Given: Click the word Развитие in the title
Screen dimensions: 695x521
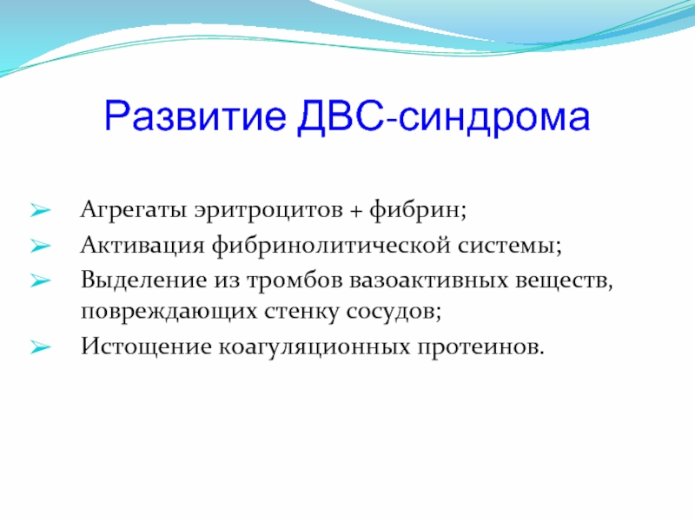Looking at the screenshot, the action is [195, 117].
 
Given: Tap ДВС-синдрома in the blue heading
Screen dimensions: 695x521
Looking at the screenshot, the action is [444, 117].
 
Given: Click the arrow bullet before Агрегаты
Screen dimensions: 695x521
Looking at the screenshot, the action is [40, 210].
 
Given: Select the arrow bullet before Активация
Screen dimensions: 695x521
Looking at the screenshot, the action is [40, 246].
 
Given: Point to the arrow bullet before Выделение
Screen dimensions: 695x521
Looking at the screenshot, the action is [40, 280].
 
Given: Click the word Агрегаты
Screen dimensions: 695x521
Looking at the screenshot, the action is [134, 210].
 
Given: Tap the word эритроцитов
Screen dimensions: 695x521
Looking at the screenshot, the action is [268, 210].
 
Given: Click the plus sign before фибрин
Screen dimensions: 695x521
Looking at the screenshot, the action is [356, 212].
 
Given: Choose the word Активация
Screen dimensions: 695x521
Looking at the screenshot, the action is [142, 246].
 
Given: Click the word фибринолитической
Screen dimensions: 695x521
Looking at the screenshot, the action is [331, 246].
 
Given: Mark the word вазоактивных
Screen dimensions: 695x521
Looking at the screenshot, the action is [428, 280].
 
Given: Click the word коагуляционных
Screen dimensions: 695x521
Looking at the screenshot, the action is [314, 347].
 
